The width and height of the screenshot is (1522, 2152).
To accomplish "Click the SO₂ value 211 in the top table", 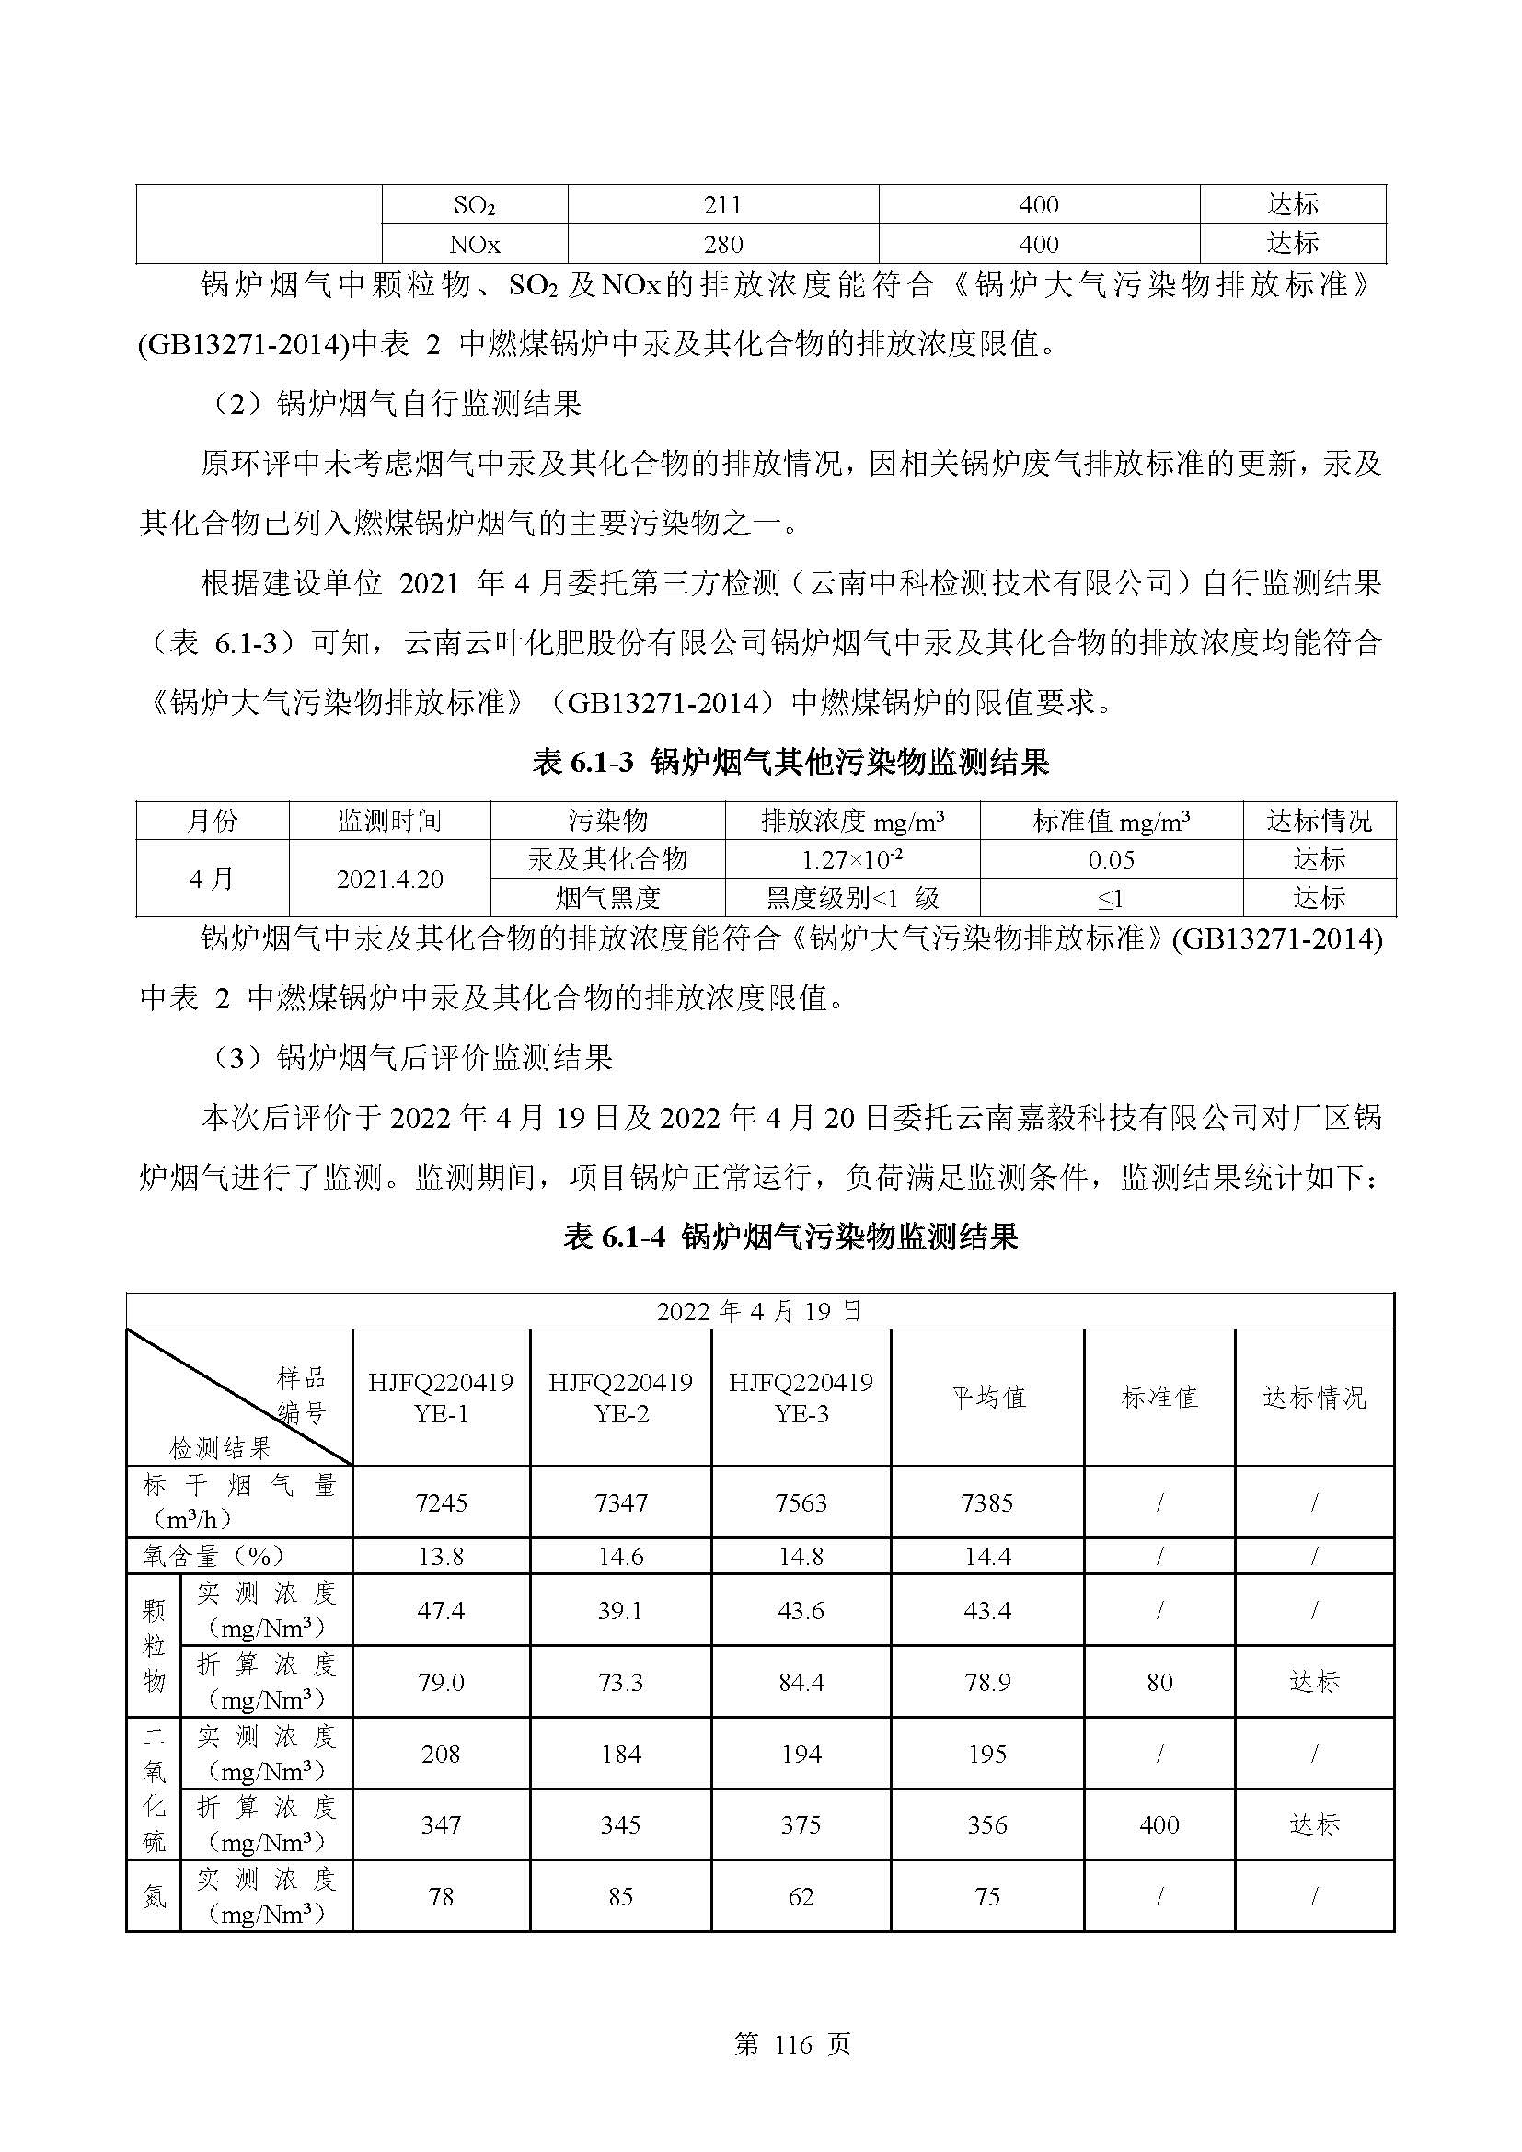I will [722, 204].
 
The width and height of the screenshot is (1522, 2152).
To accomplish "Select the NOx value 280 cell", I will [722, 245].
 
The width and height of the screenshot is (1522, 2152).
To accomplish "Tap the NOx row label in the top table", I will [474, 245].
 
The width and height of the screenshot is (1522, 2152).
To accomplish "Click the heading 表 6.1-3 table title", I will [790, 762].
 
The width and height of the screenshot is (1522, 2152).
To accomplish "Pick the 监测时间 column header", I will [389, 821].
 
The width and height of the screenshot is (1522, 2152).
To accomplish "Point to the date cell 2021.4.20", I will [389, 880].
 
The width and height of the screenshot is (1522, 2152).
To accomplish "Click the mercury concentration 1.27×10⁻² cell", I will [852, 859].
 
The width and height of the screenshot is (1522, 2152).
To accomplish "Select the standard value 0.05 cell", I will [1111, 859].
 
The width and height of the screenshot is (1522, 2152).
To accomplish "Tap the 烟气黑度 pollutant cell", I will [607, 899].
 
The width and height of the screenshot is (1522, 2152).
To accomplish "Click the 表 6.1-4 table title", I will [790, 1237].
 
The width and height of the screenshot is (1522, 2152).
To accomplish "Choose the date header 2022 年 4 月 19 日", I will [759, 1311].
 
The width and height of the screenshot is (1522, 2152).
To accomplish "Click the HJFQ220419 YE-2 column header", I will [620, 1398].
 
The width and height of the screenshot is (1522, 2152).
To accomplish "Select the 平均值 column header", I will [987, 1398].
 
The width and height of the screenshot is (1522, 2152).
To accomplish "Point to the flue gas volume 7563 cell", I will [801, 1503].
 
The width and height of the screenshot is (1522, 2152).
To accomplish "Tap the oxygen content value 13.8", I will [441, 1557].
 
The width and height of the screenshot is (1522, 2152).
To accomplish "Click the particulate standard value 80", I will [1159, 1683].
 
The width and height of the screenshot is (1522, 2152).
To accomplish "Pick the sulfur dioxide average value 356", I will [987, 1824].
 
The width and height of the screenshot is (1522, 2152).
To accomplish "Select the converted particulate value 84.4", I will [801, 1683].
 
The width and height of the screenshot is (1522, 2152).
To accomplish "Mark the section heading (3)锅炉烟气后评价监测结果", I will [409, 1058].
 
